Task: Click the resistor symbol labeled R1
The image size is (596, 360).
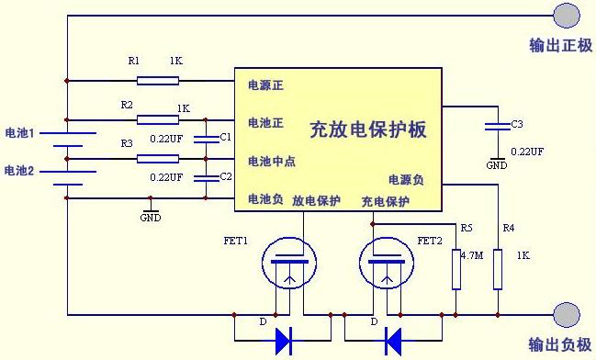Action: click(158, 80)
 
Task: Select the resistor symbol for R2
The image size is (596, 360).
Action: click(158, 119)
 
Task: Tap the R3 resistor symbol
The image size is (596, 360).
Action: click(158, 159)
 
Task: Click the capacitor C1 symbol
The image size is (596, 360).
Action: click(205, 139)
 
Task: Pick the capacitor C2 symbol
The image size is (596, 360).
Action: click(205, 178)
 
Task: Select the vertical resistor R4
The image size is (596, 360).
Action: click(497, 268)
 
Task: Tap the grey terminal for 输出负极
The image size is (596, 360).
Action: click(567, 315)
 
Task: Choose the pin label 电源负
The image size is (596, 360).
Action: click(406, 180)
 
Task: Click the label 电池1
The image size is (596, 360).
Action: click(19, 134)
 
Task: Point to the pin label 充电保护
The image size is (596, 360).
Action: click(385, 201)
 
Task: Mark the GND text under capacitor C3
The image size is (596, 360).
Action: click(497, 165)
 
